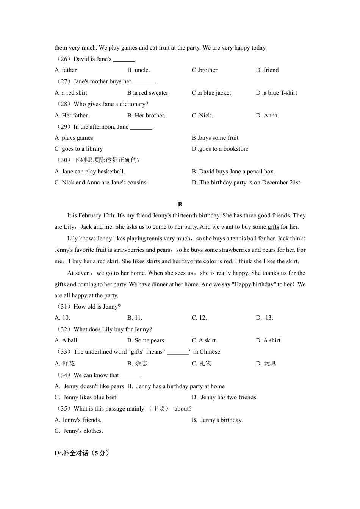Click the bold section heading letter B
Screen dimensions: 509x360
pyautogui.click(x=180, y=205)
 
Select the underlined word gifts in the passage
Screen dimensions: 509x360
pyautogui.click(x=273, y=227)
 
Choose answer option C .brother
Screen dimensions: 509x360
pyautogui.click(x=204, y=70)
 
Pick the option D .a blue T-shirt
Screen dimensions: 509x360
pyautogui.click(x=276, y=93)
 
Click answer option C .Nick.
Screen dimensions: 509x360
pyautogui.click(x=202, y=116)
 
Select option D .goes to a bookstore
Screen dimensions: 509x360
pyautogui.click(x=220, y=149)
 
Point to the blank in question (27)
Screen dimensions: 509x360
pyautogui.click(x=144, y=82)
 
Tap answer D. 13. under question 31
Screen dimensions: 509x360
pyautogui.click(x=264, y=318)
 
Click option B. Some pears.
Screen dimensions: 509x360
pyautogui.click(x=146, y=340)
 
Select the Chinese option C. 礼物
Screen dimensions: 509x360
pyautogui.click(x=202, y=364)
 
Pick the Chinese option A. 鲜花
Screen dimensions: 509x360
pyautogui.click(x=65, y=364)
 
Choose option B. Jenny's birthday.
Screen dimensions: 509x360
pyautogui.click(x=217, y=420)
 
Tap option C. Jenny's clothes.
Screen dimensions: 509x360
pyautogui.click(x=78, y=431)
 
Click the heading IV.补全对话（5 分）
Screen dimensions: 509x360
pyautogui.click(x=82, y=453)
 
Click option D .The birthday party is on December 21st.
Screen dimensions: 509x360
pyautogui.click(x=246, y=183)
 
